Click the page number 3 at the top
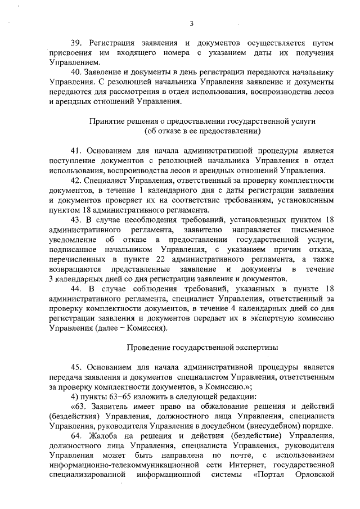point(192,23)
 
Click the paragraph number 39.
point(75,43)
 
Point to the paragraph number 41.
point(75,151)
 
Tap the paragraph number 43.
point(75,219)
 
